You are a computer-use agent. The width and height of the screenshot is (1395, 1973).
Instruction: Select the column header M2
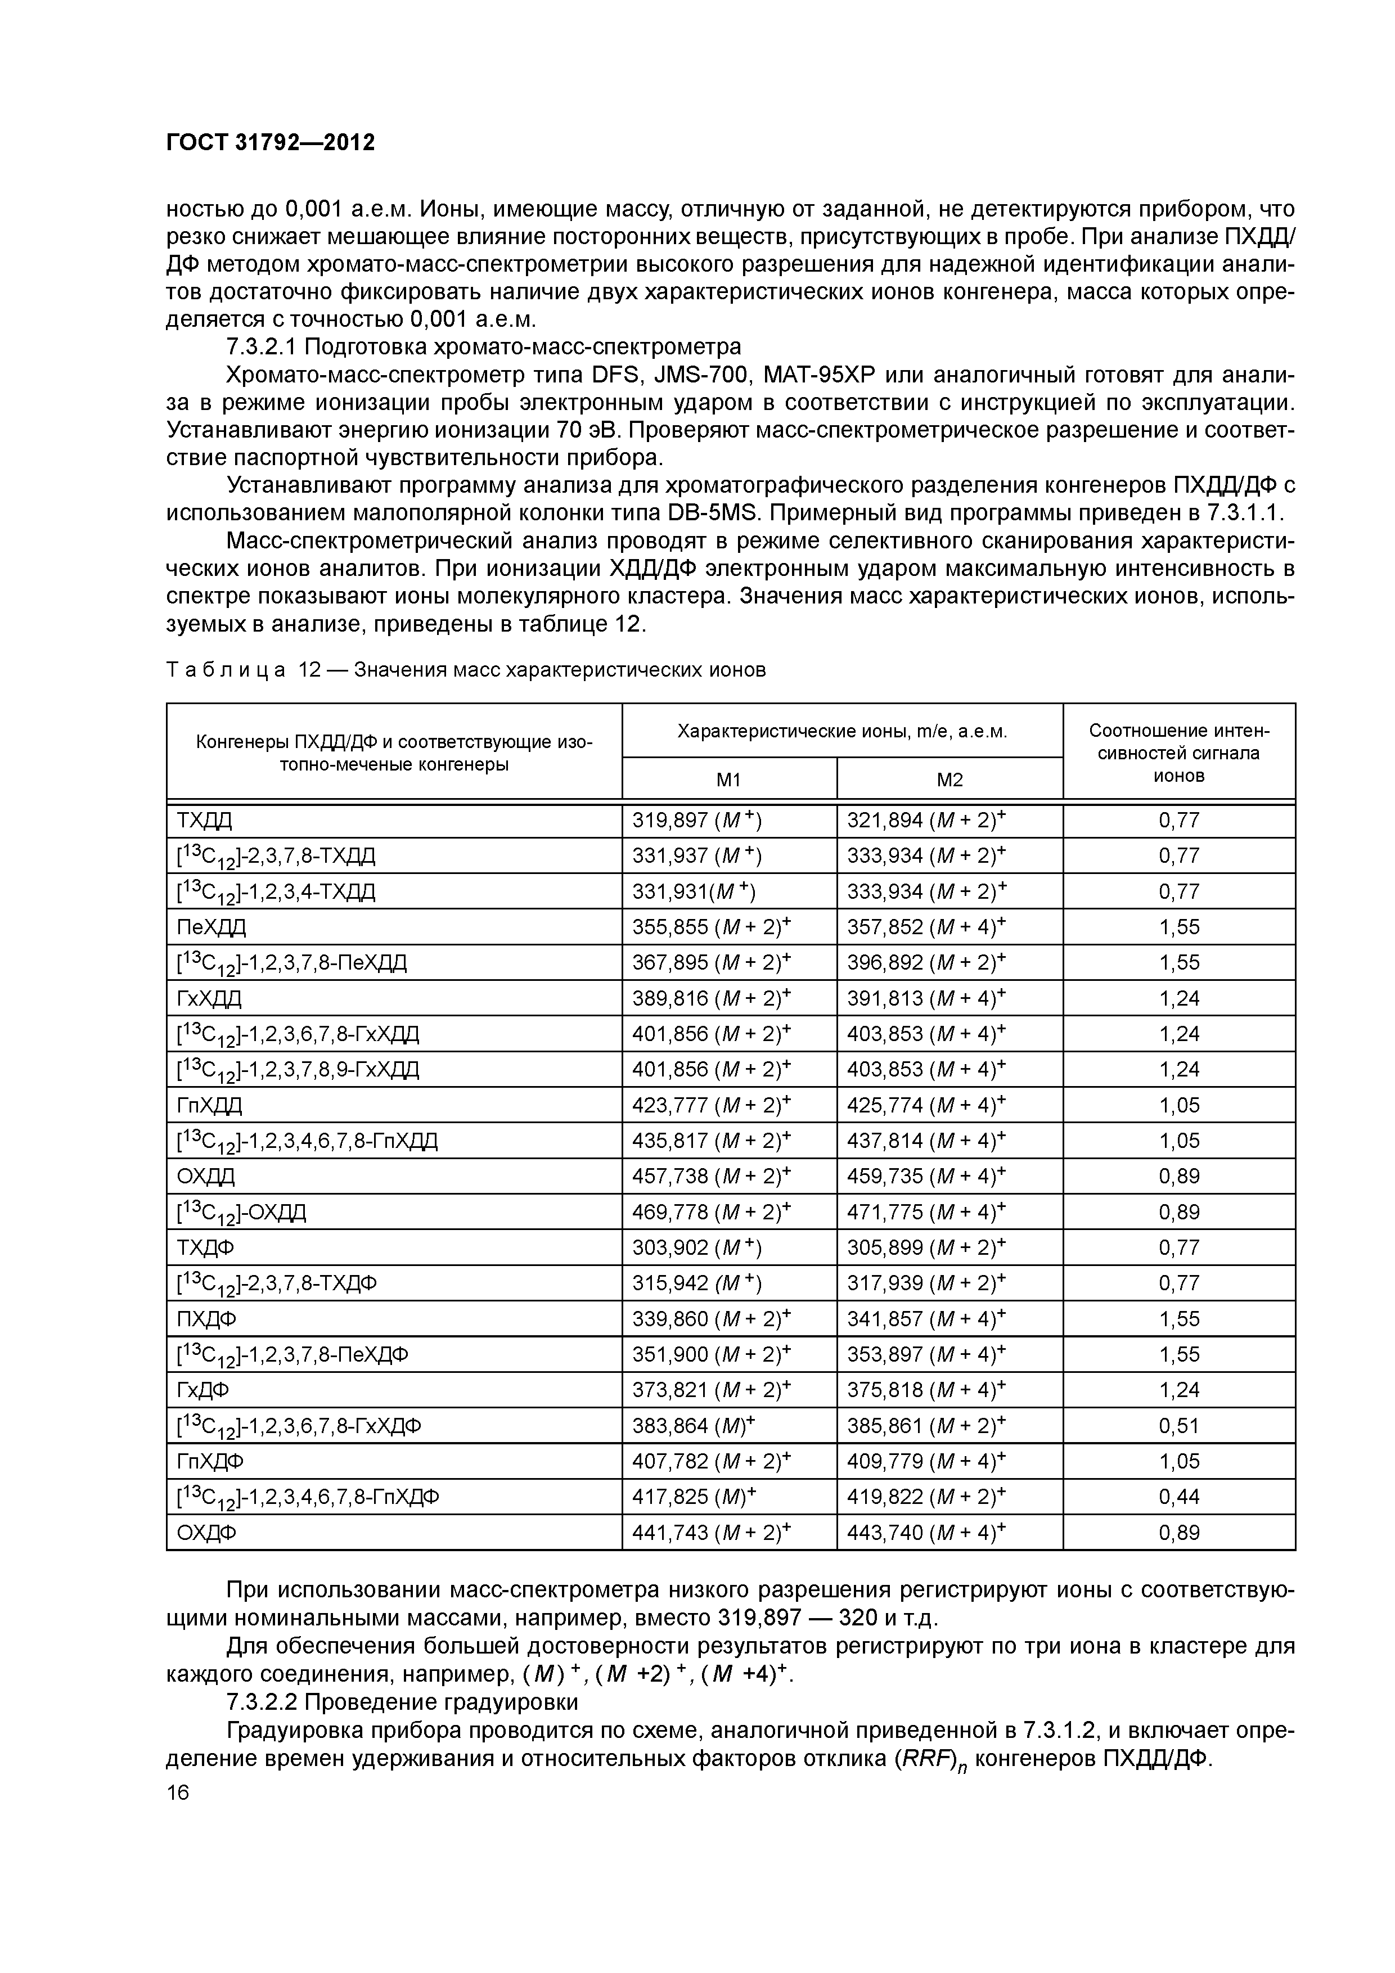[x=949, y=780]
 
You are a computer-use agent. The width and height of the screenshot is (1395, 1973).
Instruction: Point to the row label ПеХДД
[x=211, y=927]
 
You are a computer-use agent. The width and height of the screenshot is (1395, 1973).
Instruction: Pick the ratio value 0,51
[x=1178, y=1426]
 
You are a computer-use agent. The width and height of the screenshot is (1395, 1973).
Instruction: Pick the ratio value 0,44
[x=1178, y=1497]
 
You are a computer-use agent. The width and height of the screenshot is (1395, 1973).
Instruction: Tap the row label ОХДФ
[x=206, y=1533]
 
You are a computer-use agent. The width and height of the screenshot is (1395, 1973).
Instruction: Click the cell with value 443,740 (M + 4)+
[x=926, y=1533]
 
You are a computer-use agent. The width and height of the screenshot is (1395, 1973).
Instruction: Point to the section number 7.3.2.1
[x=260, y=347]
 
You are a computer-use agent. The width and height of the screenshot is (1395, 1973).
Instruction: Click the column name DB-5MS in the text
[x=715, y=513]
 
